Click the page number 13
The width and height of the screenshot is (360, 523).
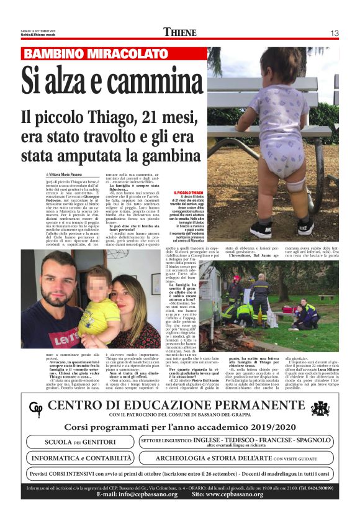point(334,33)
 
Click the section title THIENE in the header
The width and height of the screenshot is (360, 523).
point(180,33)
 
